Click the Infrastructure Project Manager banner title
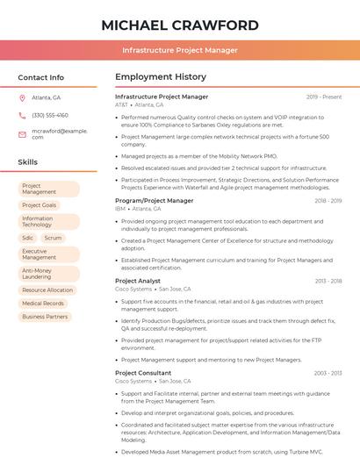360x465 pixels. click(179, 50)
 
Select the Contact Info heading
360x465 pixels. click(40, 77)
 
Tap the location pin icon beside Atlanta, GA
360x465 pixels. click(22, 97)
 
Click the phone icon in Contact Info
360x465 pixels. click(22, 115)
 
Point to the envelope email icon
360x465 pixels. click(22, 133)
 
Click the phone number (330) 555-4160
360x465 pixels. click(50, 115)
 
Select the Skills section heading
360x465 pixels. click(27, 162)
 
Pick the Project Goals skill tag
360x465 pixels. click(39, 205)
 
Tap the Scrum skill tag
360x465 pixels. click(53, 238)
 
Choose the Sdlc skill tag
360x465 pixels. click(27, 238)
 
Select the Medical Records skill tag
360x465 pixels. click(43, 304)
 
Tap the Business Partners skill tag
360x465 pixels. click(45, 317)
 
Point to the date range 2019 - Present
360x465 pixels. click(324, 97)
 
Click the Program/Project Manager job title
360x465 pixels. click(155, 201)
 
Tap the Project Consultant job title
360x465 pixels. click(143, 373)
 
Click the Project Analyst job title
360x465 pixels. click(138, 281)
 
